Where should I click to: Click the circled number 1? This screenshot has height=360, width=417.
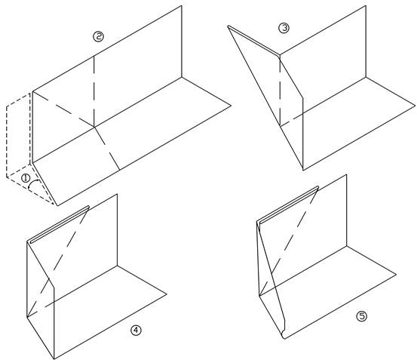26,178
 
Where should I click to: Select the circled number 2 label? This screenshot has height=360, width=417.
98,36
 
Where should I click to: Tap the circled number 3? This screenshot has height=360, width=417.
284,28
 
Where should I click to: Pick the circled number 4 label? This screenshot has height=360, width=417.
136,331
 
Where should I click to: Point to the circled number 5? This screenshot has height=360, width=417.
362,316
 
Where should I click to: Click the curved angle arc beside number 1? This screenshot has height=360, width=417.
32,183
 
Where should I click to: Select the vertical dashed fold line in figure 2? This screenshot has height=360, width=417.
94,91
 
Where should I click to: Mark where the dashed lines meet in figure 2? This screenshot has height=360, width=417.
94,127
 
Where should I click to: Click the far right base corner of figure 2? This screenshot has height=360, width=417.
231,106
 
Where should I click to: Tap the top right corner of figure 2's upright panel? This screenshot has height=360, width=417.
182,6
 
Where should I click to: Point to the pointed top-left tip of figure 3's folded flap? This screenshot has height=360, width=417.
228,26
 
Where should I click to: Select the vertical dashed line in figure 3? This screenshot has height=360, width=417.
280,91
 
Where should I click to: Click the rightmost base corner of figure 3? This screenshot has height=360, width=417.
415,106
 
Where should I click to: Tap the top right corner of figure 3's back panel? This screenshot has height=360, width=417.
366,6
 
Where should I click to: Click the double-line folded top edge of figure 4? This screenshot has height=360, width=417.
60,224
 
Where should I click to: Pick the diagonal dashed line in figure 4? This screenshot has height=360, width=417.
57,262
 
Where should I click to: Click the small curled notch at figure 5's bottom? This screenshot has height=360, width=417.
283,335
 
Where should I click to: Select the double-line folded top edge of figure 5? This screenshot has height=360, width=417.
289,205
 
